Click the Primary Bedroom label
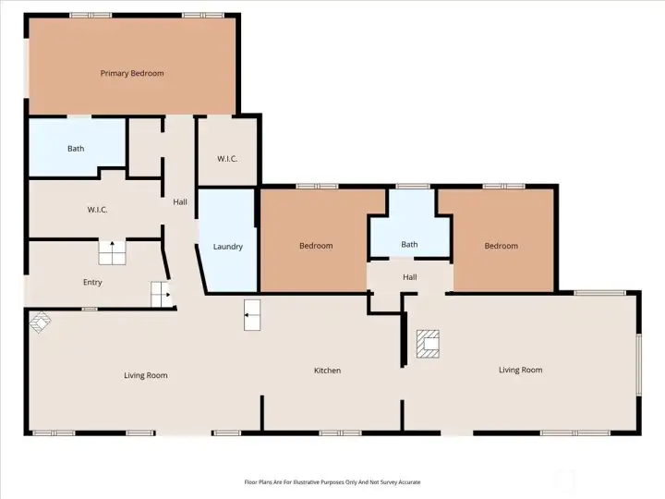132,73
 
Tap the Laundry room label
227,247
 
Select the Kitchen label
327,371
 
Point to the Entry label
92,283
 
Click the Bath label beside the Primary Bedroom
76,149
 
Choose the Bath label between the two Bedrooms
409,245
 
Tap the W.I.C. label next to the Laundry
227,159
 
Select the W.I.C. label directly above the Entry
97,210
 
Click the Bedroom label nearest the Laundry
316,246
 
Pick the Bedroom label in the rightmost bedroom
502,246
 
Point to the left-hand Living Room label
146,375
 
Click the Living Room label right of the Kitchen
520,370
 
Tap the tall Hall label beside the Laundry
181,201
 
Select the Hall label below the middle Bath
409,276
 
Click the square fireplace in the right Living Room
428,344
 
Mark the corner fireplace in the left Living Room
40,323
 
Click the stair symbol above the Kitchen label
253,315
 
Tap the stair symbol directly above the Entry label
112,252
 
